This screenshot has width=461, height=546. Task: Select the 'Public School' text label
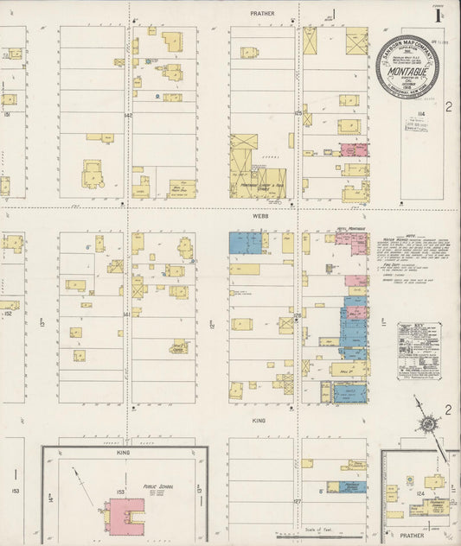click(159, 487)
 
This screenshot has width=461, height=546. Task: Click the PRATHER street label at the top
click(262, 14)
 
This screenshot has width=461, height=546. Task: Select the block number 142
click(128, 115)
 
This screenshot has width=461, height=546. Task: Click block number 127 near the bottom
click(297, 501)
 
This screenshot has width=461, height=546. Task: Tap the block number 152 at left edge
click(8, 314)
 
